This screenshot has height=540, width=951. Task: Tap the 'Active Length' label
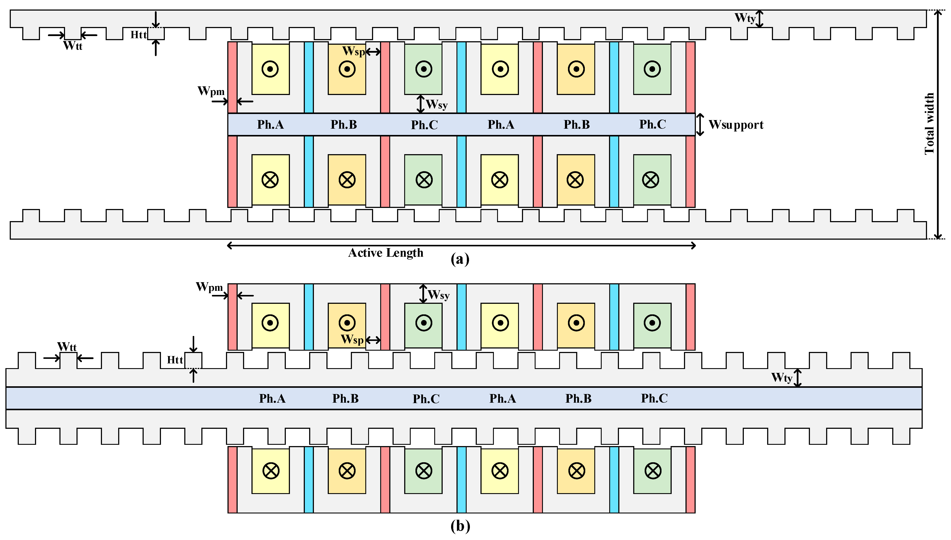click(386, 253)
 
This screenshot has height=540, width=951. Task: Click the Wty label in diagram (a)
click(745, 18)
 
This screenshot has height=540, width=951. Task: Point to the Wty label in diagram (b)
click(781, 378)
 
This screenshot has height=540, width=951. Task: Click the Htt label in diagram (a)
click(138, 35)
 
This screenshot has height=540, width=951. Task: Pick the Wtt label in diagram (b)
click(67, 347)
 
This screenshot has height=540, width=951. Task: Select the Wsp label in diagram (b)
click(352, 339)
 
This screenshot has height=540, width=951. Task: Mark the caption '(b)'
click(460, 526)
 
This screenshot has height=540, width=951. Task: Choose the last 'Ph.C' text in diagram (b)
click(654, 398)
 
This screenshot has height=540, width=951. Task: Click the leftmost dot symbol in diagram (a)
click(270, 69)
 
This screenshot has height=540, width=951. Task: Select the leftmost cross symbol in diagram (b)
click(271, 471)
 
